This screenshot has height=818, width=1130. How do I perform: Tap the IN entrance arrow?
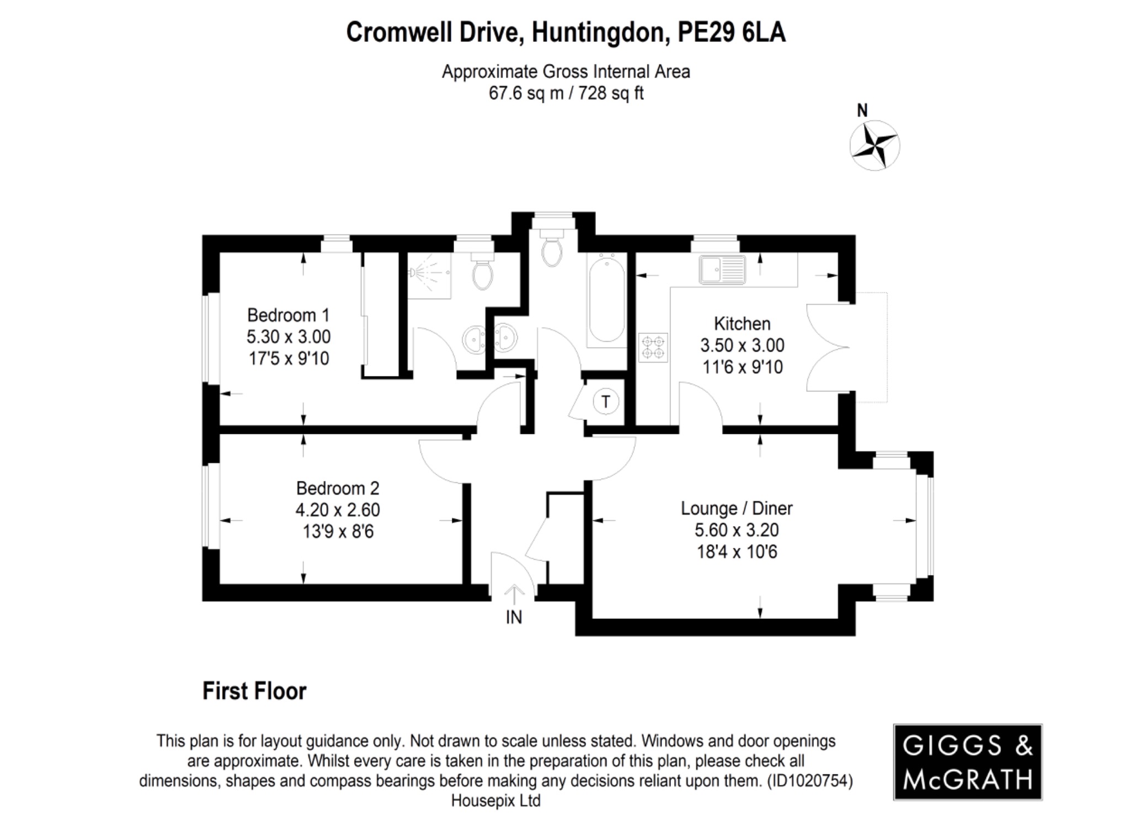coord(514,595)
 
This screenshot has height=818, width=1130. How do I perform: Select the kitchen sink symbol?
coord(722,270)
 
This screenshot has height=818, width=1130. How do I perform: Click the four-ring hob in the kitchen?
coord(653,348)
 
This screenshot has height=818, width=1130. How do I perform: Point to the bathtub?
coord(606,300)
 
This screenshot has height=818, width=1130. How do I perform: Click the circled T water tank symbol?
coord(605,402)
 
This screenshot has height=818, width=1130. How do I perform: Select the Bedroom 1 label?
coord(288,315)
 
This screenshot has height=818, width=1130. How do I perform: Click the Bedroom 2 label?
coord(338,488)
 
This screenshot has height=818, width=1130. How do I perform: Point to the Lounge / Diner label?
coord(736,508)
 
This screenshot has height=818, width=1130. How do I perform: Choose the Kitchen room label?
coord(742,323)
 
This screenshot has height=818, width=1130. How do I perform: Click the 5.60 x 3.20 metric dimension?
coord(736,530)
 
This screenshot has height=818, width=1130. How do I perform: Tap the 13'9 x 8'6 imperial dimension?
coord(338,532)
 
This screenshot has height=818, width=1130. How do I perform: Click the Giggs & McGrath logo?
coord(967,762)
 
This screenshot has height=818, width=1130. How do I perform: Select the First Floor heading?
coord(254,691)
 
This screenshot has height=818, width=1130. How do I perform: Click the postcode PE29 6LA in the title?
coord(731,33)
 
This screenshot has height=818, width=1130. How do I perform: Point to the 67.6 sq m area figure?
coord(526,93)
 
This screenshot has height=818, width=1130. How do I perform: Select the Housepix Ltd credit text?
coord(495,801)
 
